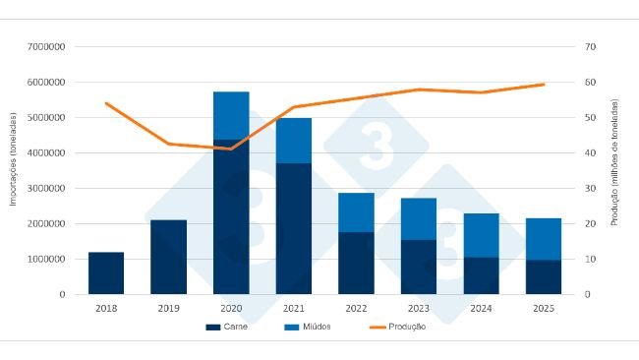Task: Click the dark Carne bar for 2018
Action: [x=106, y=273]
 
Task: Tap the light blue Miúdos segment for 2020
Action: [x=231, y=115]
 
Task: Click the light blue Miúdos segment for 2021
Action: [x=294, y=141]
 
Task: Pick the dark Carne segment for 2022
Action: [x=356, y=263]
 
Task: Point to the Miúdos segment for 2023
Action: [x=419, y=218]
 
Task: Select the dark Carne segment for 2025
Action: [x=544, y=276]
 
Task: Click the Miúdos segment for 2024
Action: [x=482, y=235]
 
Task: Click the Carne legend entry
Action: [x=226, y=327]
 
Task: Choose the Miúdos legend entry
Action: [x=309, y=327]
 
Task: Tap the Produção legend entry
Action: [x=397, y=327]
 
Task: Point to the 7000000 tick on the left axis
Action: [x=45, y=47]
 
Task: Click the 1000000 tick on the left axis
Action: [x=45, y=260]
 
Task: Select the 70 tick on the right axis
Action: [x=590, y=47]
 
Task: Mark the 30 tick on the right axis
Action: [x=590, y=189]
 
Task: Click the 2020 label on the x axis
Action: [x=231, y=308]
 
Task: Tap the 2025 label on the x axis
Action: [x=544, y=308]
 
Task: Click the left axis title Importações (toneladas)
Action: [x=14, y=159]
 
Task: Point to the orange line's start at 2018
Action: [x=106, y=103]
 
